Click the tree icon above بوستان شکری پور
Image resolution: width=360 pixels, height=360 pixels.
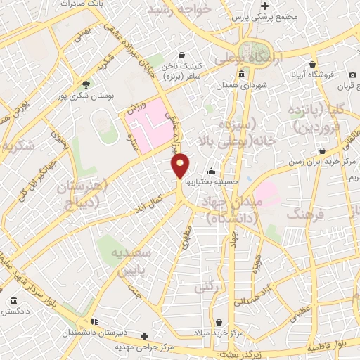[x=86, y=84]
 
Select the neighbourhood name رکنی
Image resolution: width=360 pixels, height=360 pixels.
[x=205, y=287]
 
